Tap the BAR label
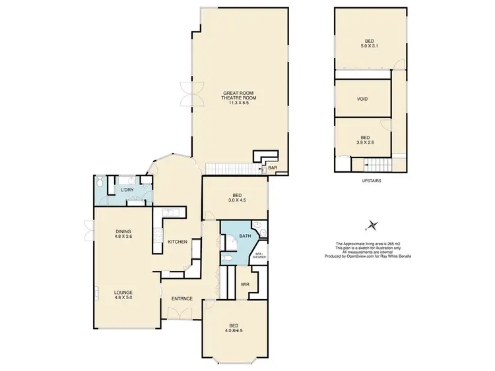pyautogui.click(x=272, y=169)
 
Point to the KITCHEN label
pyautogui.click(x=178, y=242)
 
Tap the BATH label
pyautogui.click(x=244, y=235)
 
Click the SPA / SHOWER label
pyautogui.click(x=260, y=256)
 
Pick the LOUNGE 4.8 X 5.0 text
pyautogui.click(x=123, y=295)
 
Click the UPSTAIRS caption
pyautogui.click(x=372, y=180)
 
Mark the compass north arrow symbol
pyautogui.click(x=373, y=225)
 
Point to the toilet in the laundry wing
pyautogui.click(x=99, y=184)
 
